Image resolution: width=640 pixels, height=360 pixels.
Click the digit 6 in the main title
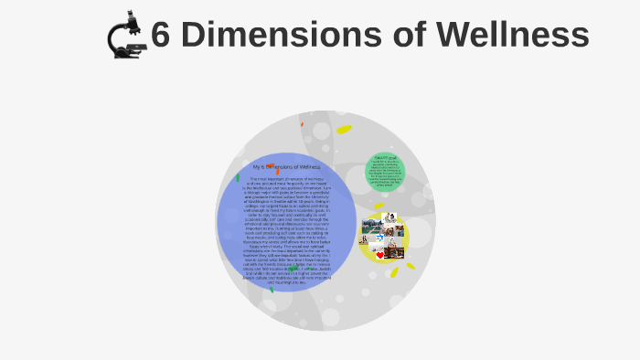pyautogui.click(x=161, y=36)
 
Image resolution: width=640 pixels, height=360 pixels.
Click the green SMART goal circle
pyautogui.click(x=384, y=173)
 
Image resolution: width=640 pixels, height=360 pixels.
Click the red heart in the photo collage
pyautogui.click(x=380, y=255)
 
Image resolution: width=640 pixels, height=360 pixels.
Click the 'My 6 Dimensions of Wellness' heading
pyautogui.click(x=287, y=167)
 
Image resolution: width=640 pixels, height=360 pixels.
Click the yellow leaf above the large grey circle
pyautogui.click(x=344, y=129)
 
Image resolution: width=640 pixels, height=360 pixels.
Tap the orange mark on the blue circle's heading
pyautogui.click(x=278, y=170)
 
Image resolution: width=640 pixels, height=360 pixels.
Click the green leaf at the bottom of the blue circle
pyautogui.click(x=271, y=290)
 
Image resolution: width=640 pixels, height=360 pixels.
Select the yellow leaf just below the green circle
pyautogui.click(x=379, y=206)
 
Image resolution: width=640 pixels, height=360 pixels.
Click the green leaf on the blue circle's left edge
pyautogui.click(x=238, y=177)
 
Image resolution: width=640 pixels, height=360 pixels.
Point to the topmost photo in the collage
pyautogui.click(x=390, y=217)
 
